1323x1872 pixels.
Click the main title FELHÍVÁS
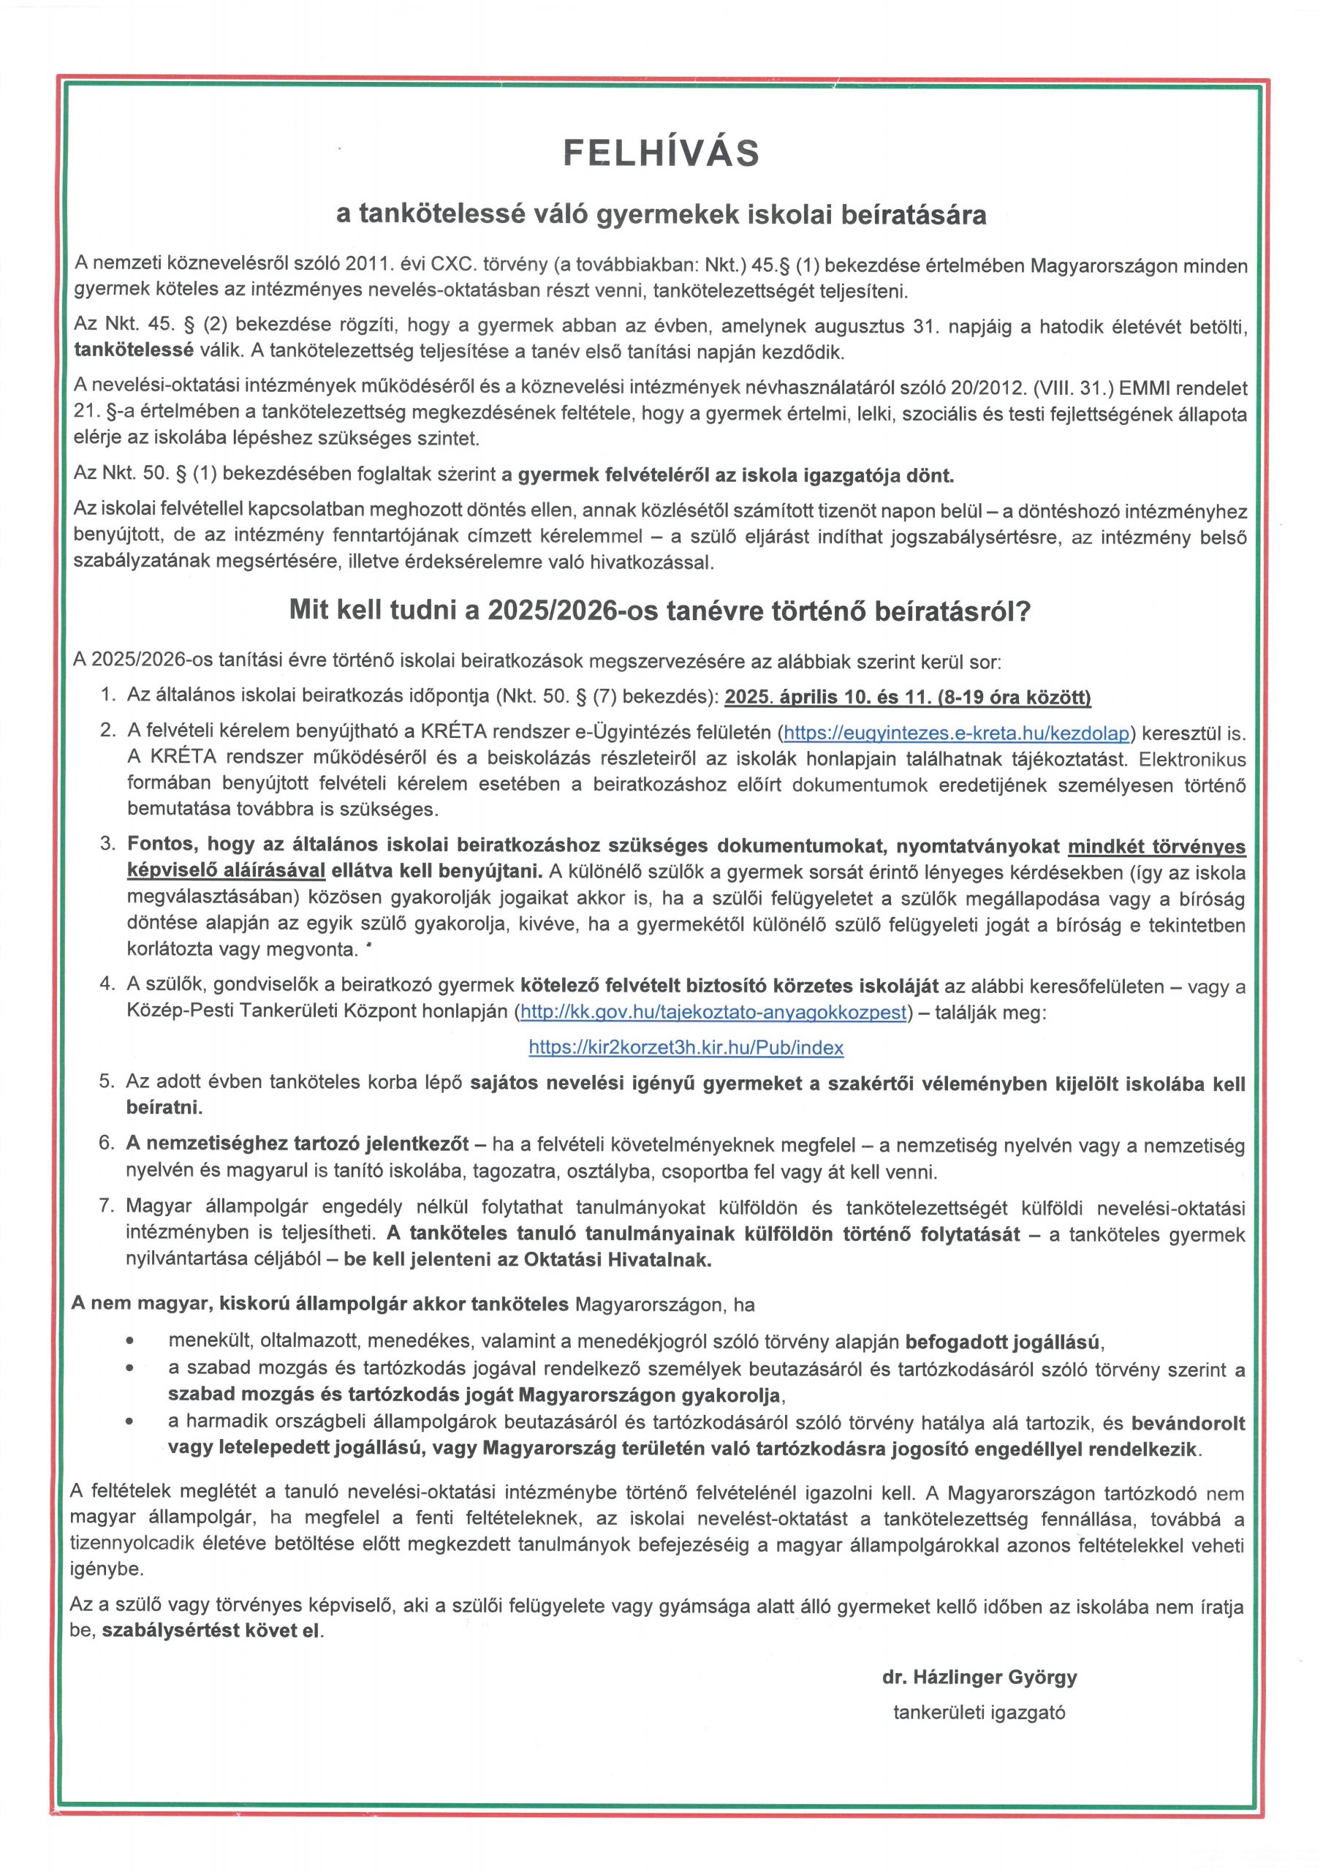click(661, 154)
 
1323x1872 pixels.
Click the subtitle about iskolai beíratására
click(661, 214)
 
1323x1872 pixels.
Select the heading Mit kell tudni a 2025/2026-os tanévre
click(660, 612)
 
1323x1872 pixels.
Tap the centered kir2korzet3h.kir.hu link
click(686, 1048)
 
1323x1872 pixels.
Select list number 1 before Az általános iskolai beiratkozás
click(107, 695)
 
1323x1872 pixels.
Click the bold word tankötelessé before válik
click(134, 352)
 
